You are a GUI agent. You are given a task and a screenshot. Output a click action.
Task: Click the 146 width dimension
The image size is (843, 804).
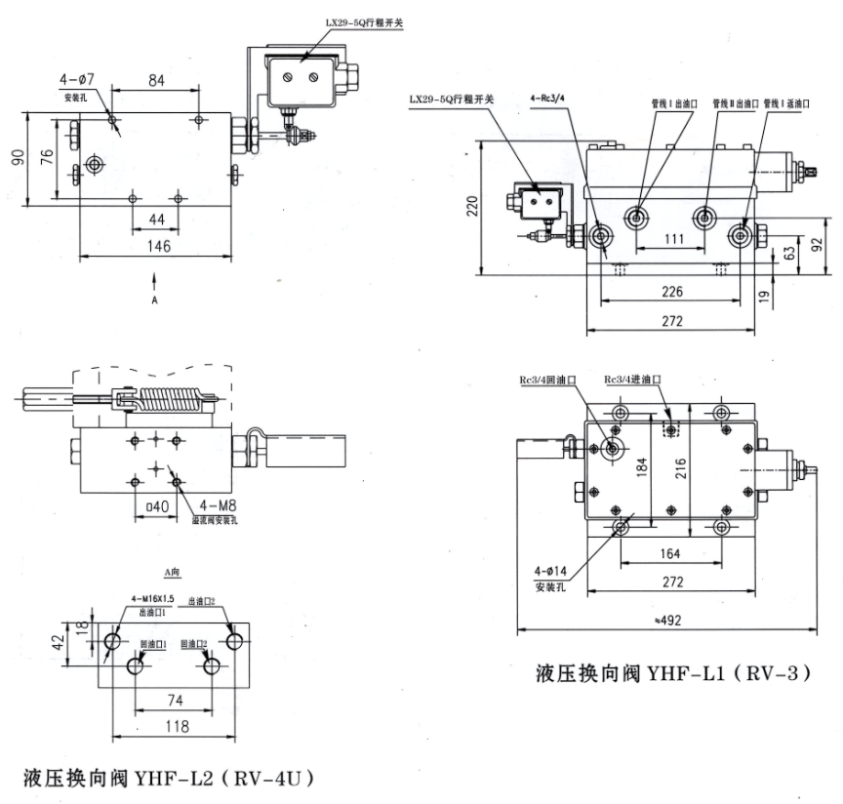[x=157, y=247]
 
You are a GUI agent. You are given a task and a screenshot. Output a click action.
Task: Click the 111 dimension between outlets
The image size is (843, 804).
[x=671, y=240]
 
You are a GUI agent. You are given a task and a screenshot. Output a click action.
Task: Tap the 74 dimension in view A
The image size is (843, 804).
[x=175, y=700]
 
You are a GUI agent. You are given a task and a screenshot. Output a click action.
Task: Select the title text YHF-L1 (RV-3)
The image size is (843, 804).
[x=673, y=673]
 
